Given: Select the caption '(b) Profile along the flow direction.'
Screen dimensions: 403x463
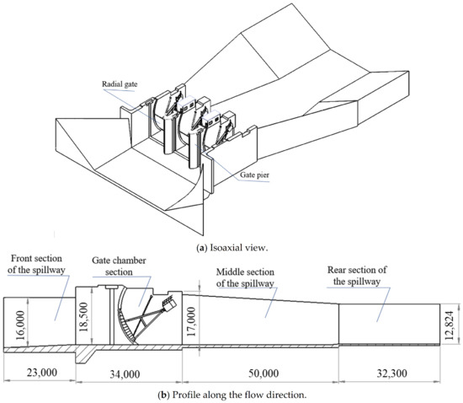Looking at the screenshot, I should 231,394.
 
